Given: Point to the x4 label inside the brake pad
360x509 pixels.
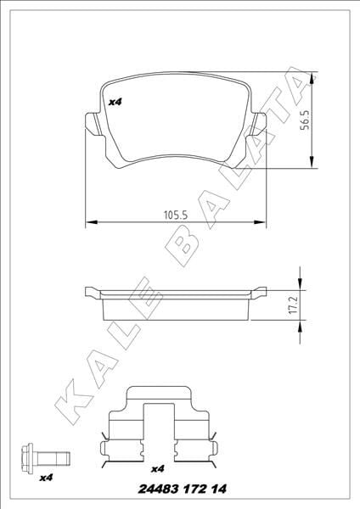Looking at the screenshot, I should pos(115,102).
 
